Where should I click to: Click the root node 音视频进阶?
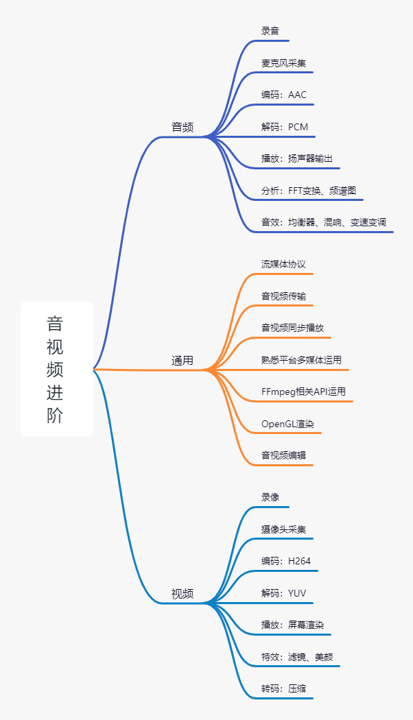[x=55, y=369]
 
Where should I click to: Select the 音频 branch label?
[x=182, y=127]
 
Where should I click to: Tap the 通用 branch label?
[x=182, y=361]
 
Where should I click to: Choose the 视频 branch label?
[x=182, y=594]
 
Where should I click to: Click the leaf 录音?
[x=270, y=31]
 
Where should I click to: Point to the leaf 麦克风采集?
[x=283, y=63]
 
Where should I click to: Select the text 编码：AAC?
[x=284, y=95]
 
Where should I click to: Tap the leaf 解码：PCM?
[x=285, y=127]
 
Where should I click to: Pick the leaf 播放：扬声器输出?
[x=297, y=158]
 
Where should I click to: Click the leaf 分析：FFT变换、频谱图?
[x=309, y=191]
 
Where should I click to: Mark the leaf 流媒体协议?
[x=283, y=264]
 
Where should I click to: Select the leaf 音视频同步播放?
[x=293, y=328]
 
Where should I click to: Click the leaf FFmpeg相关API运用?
[x=304, y=392]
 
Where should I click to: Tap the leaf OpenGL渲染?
[x=287, y=424]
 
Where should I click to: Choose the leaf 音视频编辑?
[x=283, y=455]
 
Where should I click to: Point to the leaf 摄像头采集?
[x=283, y=529]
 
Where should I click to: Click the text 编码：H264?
[x=286, y=561]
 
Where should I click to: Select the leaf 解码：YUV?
[x=283, y=593]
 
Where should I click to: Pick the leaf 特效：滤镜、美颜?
[x=297, y=657]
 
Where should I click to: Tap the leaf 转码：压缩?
[x=283, y=688]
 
